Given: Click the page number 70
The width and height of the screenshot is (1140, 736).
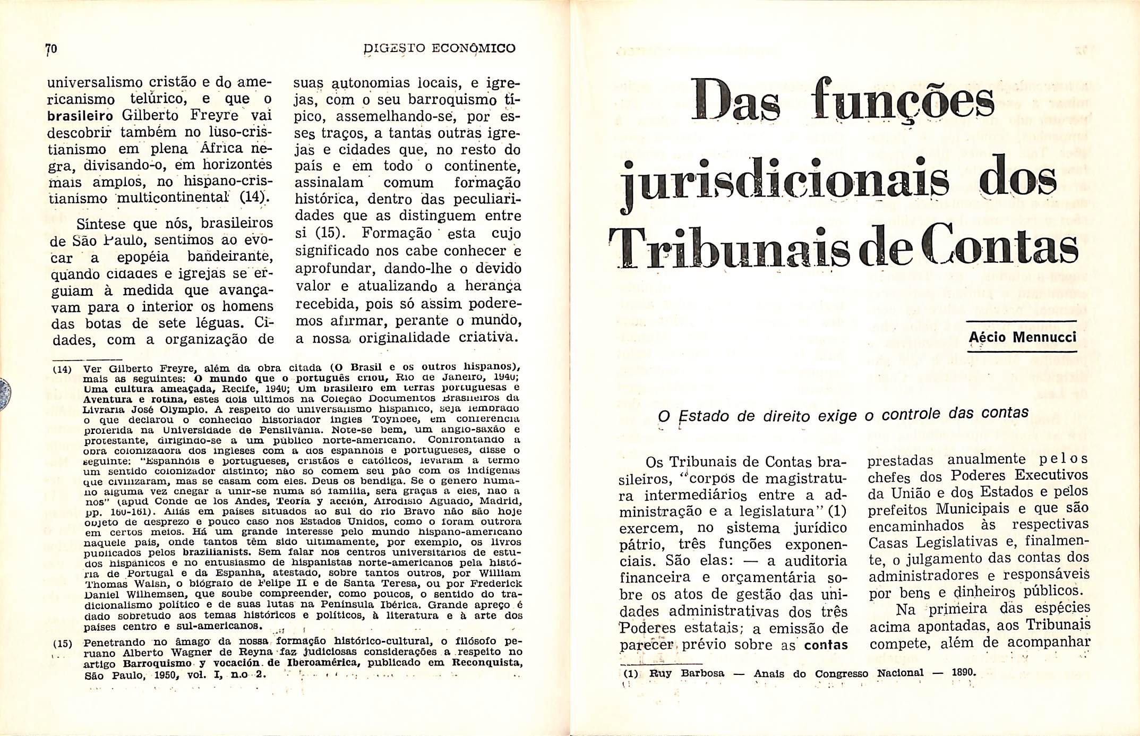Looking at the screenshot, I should point(52,49).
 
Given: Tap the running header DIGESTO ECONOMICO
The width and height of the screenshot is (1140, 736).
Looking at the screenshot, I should point(439,48).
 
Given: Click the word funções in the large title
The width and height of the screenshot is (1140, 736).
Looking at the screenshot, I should point(905,100).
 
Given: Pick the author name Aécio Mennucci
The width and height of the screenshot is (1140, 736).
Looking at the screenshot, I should point(1022,337).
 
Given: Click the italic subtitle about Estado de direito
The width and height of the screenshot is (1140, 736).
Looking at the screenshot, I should point(843,414).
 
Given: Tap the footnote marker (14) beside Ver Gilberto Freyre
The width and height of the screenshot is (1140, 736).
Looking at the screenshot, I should point(62,369).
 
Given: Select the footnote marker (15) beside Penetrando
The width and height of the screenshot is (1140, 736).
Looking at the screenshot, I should point(62,643).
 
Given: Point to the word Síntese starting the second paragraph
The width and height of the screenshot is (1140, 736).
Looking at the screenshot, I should point(101,224).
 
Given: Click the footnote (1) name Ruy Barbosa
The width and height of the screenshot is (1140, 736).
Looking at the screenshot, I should point(687,673).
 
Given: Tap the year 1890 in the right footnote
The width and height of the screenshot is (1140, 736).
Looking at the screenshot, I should point(963,672).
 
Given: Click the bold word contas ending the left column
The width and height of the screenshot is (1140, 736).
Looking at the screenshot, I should point(826,645).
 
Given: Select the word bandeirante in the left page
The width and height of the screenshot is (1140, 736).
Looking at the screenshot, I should point(230,257).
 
